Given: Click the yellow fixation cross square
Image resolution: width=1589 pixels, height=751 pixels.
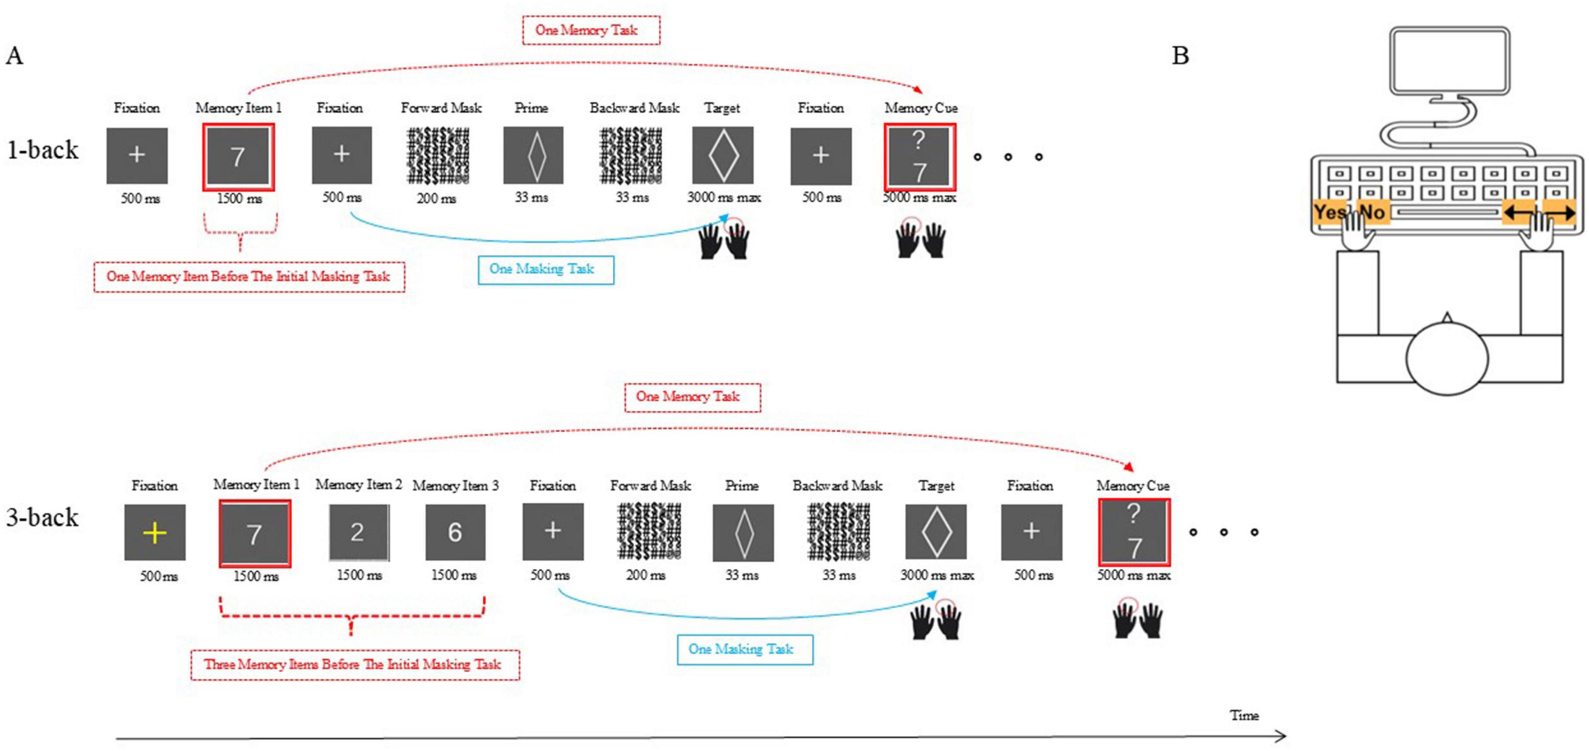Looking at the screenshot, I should pyautogui.click(x=155, y=532).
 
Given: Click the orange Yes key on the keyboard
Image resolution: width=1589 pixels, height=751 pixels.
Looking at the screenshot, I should pyautogui.click(x=1329, y=212).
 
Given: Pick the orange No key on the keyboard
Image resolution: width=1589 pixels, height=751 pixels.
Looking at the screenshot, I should pyautogui.click(x=1373, y=212).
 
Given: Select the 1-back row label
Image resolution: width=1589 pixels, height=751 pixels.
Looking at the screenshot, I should pyautogui.click(x=43, y=150).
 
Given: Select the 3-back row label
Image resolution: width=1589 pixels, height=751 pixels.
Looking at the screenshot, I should pyautogui.click(x=43, y=517).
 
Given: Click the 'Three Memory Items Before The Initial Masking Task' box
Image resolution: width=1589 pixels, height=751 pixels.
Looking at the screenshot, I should pyautogui.click(x=355, y=665).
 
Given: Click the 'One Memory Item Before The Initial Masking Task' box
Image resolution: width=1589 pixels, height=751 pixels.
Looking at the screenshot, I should pyautogui.click(x=249, y=277).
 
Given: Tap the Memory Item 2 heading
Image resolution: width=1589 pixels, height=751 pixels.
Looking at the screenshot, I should pyautogui.click(x=358, y=485).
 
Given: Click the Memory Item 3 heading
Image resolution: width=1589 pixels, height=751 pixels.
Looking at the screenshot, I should pyautogui.click(x=455, y=486).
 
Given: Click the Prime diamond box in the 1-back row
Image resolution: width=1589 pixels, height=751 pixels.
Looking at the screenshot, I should pyautogui.click(x=533, y=155).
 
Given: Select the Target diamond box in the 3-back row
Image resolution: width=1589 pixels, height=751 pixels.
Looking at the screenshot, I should pyautogui.click(x=936, y=532).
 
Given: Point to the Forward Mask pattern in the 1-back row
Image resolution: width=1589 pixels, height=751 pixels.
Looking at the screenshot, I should pyautogui.click(x=438, y=155).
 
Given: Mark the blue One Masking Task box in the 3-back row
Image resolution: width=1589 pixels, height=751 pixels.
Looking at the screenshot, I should pyautogui.click(x=745, y=649).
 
